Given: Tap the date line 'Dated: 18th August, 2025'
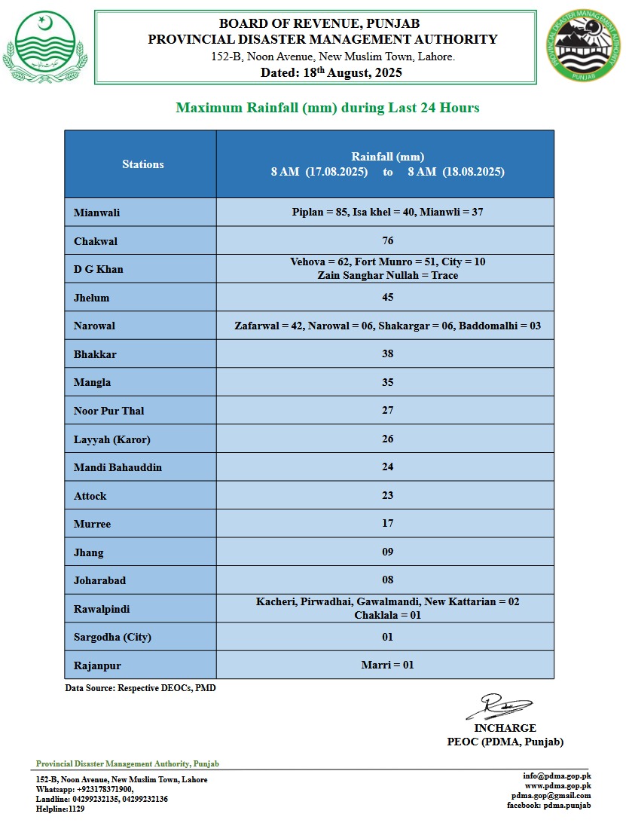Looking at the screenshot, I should pyautogui.click(x=331, y=73).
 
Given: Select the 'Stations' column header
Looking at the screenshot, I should pyautogui.click(x=142, y=164).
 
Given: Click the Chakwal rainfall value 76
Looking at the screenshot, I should pyautogui.click(x=388, y=241).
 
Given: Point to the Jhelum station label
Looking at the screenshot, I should pyautogui.click(x=91, y=298).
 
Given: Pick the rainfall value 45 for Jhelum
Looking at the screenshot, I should pyautogui.click(x=388, y=297).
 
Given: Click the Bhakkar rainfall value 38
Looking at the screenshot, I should pyautogui.click(x=388, y=353).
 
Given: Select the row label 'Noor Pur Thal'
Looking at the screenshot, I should pyautogui.click(x=108, y=411).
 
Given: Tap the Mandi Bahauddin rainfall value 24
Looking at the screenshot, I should pyautogui.click(x=388, y=467).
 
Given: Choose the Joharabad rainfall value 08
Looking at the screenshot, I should pyautogui.click(x=388, y=580).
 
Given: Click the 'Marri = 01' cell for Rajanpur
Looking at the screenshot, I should pyautogui.click(x=388, y=665).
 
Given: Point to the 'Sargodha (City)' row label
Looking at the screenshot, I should pyautogui.click(x=112, y=637).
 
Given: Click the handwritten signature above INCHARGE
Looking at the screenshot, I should pyautogui.click(x=498, y=706).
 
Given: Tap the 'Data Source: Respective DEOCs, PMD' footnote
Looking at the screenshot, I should pyautogui.click(x=140, y=688).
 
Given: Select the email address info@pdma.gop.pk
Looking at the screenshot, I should pyautogui.click(x=557, y=776).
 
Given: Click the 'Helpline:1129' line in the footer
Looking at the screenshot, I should pyautogui.click(x=60, y=809).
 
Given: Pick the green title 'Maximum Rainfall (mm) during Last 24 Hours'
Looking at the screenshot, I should pyautogui.click(x=328, y=108).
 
